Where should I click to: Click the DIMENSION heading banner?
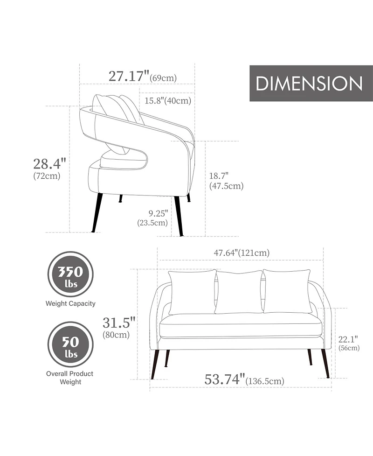[311, 83]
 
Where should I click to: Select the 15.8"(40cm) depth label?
[168, 101]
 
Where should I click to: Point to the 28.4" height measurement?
[50, 163]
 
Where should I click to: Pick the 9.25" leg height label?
[159, 213]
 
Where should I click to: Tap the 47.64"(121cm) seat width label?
[242, 253]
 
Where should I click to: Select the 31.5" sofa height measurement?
[119, 322]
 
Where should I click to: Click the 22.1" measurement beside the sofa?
[348, 339]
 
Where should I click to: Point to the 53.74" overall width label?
[225, 379]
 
